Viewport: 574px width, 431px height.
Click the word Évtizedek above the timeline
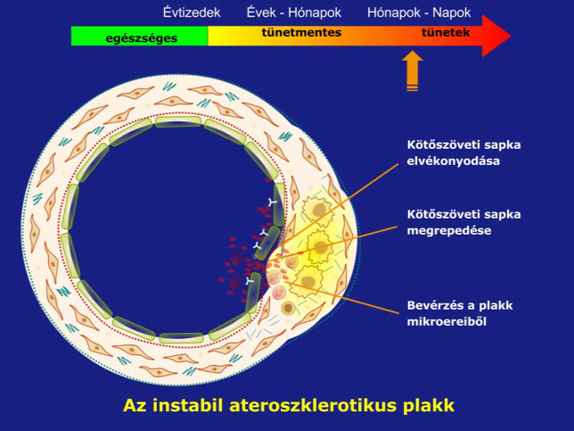(192, 12)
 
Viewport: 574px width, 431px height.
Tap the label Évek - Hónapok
(294, 12)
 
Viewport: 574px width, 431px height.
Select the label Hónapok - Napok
(419, 12)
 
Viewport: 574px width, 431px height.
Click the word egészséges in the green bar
(142, 38)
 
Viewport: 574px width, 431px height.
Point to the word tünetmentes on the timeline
(301, 32)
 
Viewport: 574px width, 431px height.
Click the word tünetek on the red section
(446, 32)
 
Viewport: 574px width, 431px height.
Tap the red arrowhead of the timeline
(496, 36)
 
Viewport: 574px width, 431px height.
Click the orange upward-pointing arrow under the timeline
(413, 70)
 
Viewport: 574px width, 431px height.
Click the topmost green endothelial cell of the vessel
(178, 121)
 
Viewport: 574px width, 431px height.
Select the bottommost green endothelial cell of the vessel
(181, 338)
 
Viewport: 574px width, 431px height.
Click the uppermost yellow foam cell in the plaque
(317, 210)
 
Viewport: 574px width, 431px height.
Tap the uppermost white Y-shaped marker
(273, 201)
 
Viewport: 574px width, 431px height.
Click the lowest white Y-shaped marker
(250, 281)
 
